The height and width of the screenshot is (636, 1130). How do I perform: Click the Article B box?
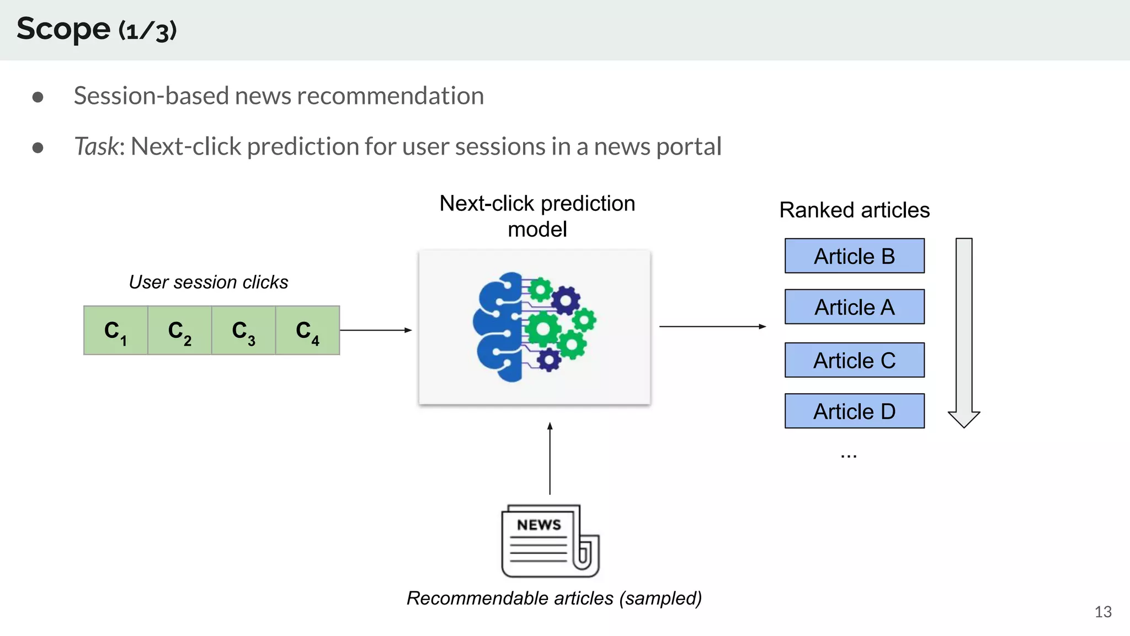click(x=854, y=256)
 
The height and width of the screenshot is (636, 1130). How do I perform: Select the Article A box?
click(x=854, y=307)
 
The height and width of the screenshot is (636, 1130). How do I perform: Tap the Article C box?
click(x=854, y=361)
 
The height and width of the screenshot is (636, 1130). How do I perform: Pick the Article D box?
click(x=854, y=411)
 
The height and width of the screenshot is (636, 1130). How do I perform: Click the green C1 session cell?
click(x=116, y=331)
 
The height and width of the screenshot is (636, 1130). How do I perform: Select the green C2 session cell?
click(x=180, y=331)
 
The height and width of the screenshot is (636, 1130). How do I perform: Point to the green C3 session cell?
click(x=243, y=331)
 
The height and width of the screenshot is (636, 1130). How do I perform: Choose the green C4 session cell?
click(x=307, y=331)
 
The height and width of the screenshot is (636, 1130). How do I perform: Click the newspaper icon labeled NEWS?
click(x=550, y=540)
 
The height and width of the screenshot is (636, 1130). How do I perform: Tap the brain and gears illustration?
click(x=534, y=327)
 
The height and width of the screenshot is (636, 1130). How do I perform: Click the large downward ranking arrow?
click(x=964, y=331)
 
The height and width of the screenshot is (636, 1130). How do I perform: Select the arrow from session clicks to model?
click(x=376, y=330)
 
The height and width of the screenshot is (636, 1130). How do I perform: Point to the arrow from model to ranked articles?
click(x=712, y=327)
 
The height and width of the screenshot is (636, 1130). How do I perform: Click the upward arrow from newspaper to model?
click(x=550, y=458)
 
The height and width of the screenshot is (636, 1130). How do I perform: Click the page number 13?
click(x=1102, y=612)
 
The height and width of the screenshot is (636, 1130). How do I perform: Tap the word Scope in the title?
click(x=63, y=29)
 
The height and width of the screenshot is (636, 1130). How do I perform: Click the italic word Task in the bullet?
click(x=96, y=147)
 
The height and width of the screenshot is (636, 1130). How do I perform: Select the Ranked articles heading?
click(x=854, y=210)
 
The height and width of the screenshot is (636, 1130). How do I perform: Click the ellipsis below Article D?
click(x=849, y=456)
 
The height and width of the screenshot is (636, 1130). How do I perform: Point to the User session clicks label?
click(x=209, y=282)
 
